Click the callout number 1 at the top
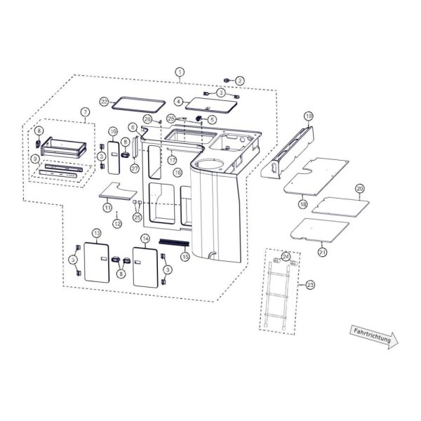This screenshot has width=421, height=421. (x=180, y=72)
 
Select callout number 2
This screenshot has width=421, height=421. (x=240, y=81)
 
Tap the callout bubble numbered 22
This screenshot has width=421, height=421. (x=104, y=102)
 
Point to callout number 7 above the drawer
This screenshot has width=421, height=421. (x=85, y=112)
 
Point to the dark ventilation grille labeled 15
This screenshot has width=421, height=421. (x=175, y=241)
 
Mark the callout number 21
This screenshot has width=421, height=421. (x=323, y=251)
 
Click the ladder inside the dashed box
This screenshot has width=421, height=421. (x=279, y=288)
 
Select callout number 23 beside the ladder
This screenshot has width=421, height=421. (x=311, y=286)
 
